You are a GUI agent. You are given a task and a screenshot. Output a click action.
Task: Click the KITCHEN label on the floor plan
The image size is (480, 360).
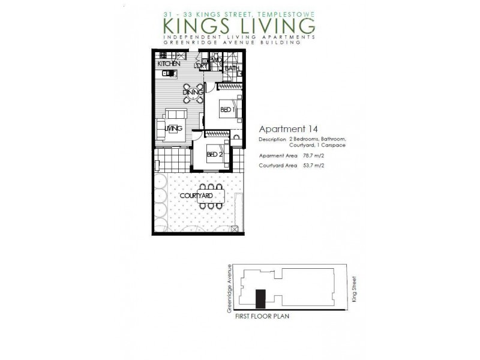(x=169, y=64)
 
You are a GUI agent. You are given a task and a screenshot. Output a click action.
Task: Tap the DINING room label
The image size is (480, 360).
(x=193, y=92)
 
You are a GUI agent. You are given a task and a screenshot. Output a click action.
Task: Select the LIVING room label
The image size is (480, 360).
(x=173, y=128)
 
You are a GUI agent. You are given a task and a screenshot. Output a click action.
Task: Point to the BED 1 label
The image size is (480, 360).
(x=226, y=110)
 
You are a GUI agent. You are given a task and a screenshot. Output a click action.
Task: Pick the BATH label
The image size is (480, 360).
(x=232, y=68)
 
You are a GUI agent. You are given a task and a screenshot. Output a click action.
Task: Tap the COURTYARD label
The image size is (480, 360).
(x=196, y=196)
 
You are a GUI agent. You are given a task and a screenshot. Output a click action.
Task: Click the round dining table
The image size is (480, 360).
(x=193, y=93)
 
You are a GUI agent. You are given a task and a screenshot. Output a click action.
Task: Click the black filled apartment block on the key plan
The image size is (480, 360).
(x=260, y=298)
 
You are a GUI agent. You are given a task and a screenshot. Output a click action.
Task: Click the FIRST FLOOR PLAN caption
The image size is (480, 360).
(x=262, y=316)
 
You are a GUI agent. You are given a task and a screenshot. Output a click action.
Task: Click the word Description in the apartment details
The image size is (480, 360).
(x=272, y=139)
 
